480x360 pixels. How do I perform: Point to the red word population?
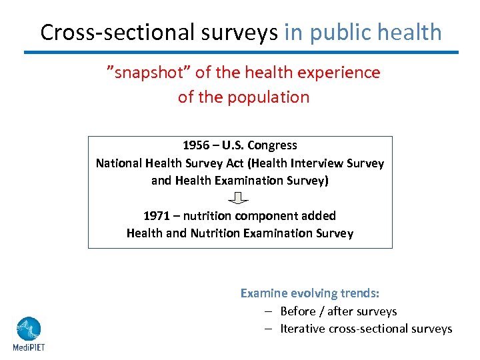coord(268,97)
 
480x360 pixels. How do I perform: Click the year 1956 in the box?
coord(196,145)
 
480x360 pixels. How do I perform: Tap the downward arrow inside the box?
coord(239,198)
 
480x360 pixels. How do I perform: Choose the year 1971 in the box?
coord(157,216)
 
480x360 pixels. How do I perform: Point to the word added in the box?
coord(319,216)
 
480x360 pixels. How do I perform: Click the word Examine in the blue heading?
coord(263,293)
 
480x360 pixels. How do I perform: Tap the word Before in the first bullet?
coord(298,311)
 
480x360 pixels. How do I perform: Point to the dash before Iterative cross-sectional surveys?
coord(267,329)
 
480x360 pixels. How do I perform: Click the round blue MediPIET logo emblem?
coord(28,329)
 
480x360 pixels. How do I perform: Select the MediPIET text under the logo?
coord(28,347)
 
